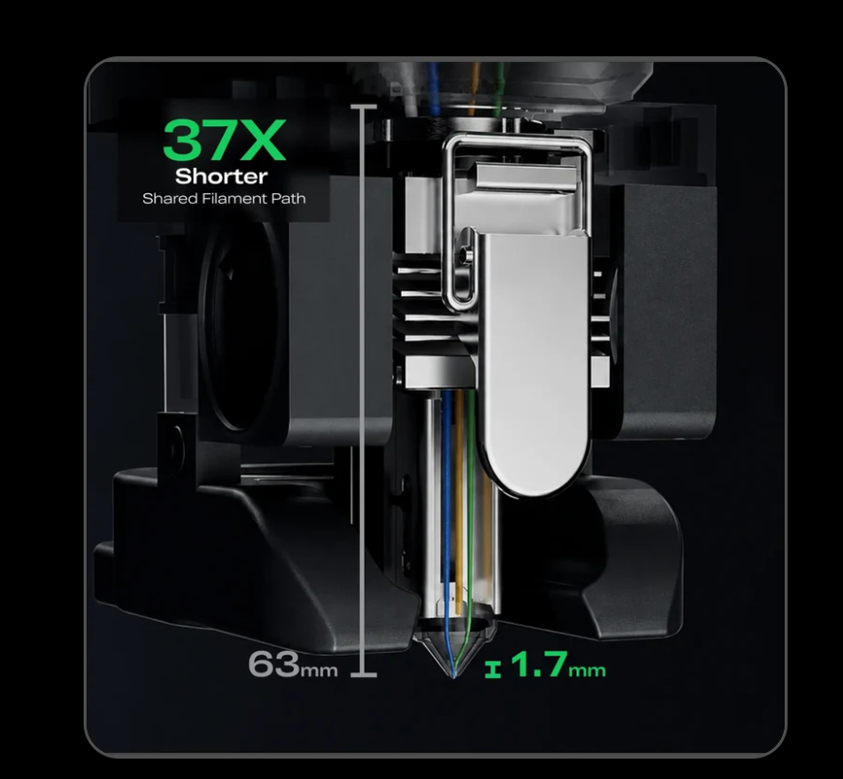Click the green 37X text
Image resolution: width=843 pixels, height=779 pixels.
(225, 140)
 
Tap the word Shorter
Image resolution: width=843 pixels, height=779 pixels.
(222, 176)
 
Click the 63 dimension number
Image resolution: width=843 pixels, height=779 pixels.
(273, 663)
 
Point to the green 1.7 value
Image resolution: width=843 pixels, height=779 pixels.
(539, 664)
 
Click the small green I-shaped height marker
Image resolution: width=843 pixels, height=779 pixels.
(493, 669)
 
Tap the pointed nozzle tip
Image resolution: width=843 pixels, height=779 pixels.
(453, 674)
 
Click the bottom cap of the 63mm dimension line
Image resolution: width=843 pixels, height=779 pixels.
(364, 674)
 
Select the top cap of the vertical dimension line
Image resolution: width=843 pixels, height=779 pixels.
(364, 108)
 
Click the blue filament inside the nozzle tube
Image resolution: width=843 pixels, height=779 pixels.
(446, 510)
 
